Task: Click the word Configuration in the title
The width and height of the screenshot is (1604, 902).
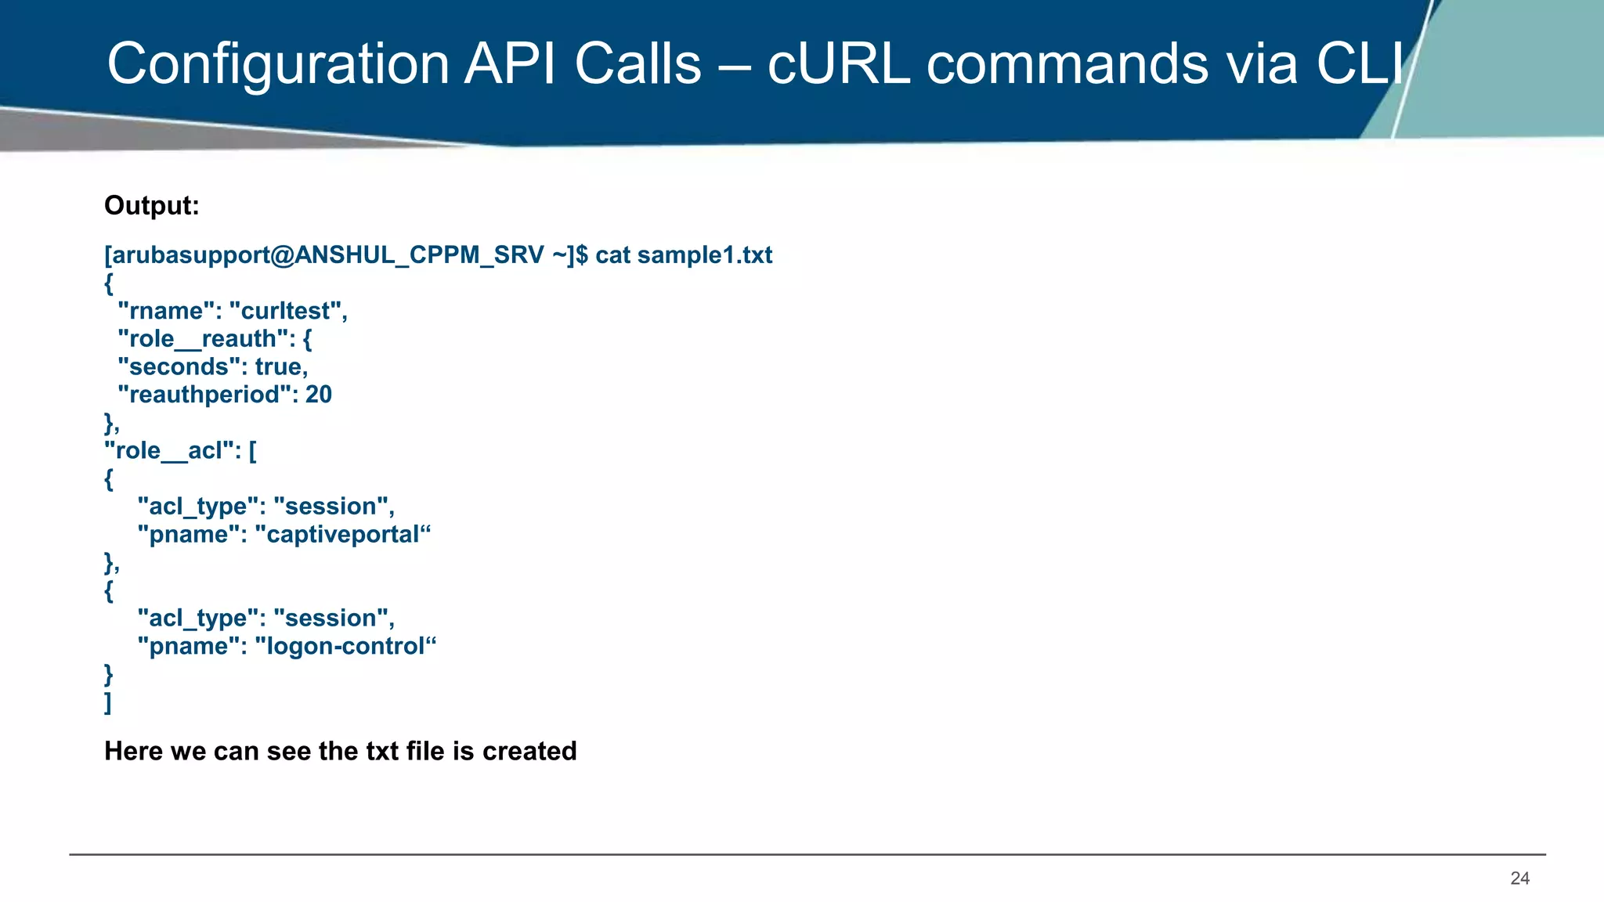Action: (278, 64)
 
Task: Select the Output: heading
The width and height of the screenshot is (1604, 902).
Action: (152, 206)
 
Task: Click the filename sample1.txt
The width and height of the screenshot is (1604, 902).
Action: (704, 255)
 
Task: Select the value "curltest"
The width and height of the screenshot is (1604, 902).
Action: (287, 311)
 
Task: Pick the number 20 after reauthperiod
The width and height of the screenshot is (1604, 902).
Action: (319, 395)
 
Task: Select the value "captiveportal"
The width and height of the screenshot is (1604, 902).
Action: (343, 535)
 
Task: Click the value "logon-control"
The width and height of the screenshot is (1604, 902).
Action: (345, 647)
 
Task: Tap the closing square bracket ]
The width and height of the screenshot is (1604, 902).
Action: (108, 702)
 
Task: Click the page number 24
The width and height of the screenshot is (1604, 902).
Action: (1519, 879)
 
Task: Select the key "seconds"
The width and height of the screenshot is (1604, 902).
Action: (179, 367)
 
